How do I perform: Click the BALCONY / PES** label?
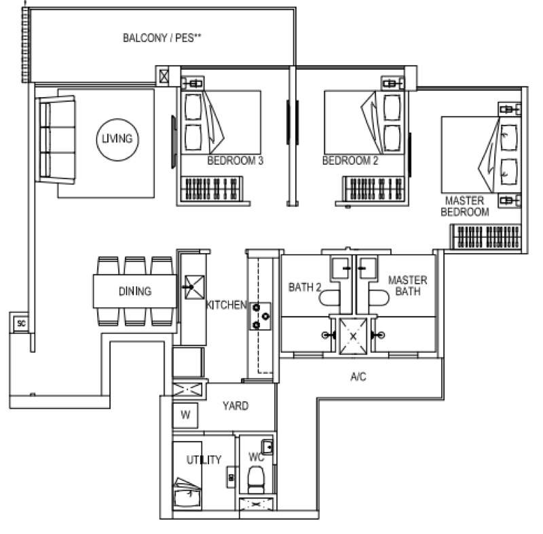coord(162,38)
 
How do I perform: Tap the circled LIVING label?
coord(117,139)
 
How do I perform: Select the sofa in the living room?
coord(56,140)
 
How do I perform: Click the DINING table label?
coord(135,291)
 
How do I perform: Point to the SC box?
coord(21,323)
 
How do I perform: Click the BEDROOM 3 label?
coord(235,161)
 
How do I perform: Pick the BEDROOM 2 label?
coord(350,161)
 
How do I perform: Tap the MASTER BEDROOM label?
coord(465,206)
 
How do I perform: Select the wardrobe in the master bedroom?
coord(486,236)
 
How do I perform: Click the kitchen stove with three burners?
coord(260,316)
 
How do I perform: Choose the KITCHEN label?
coord(226,305)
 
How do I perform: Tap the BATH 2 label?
coord(305,287)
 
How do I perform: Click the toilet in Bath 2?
coord(329,298)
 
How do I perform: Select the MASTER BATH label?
coord(408,286)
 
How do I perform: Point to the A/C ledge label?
coord(358,376)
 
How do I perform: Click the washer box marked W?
coord(185,415)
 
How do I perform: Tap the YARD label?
coord(236,406)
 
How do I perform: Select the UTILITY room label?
coord(204,459)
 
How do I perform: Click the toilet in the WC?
coord(256,479)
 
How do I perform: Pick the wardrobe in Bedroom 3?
coord(212,189)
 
